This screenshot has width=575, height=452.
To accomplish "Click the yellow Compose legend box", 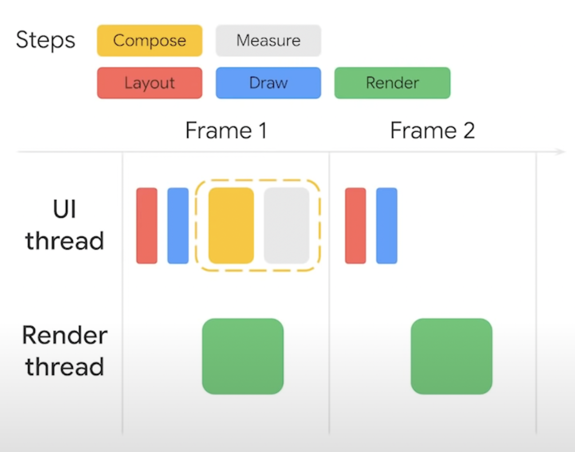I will click(x=150, y=41).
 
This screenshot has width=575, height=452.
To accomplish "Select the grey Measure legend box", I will click(x=268, y=41).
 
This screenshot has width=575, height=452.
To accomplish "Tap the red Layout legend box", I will click(x=150, y=83).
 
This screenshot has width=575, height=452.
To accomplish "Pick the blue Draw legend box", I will click(x=268, y=83).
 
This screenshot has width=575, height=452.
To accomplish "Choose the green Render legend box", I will click(x=392, y=83).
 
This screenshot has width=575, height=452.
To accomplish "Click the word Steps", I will click(x=46, y=40).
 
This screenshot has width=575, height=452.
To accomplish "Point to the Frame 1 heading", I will click(x=226, y=131).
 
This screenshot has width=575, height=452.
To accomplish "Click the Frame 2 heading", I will click(x=432, y=131).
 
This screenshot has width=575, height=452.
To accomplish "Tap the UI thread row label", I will click(x=65, y=225).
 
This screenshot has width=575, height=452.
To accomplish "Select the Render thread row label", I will click(x=65, y=351).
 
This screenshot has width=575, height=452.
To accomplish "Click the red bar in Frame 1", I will click(x=147, y=226).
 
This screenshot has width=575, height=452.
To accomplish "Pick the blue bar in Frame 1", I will click(x=178, y=226).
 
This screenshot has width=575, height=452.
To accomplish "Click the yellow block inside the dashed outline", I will click(x=231, y=226).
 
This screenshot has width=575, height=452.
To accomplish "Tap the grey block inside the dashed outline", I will click(x=287, y=226).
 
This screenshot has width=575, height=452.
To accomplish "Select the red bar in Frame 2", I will click(x=355, y=226).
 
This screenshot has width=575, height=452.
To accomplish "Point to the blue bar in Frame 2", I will click(x=386, y=226).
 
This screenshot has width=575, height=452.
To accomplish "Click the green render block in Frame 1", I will click(x=243, y=356).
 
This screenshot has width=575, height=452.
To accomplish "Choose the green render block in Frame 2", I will click(x=451, y=356).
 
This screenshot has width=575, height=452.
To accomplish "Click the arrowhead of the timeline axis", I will click(x=561, y=152).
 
